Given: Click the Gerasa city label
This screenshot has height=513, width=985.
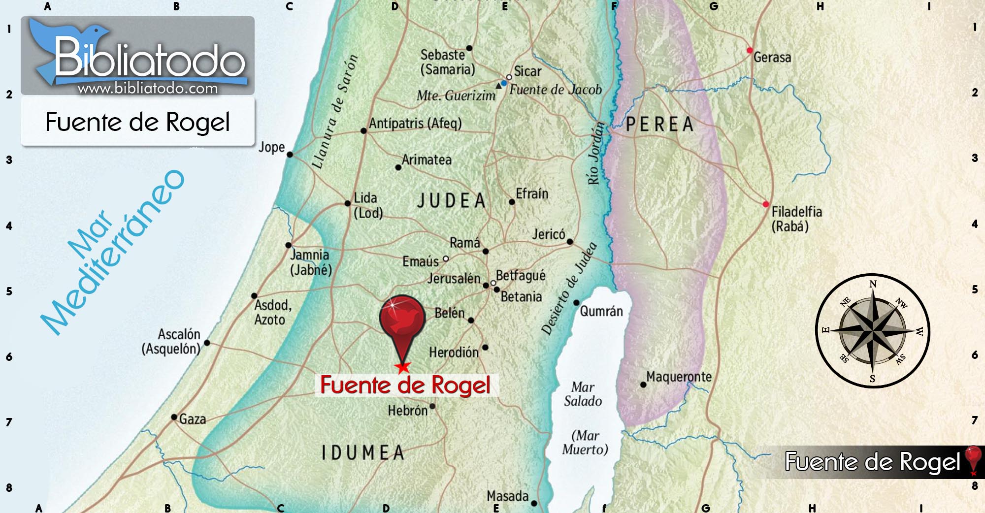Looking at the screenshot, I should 772,58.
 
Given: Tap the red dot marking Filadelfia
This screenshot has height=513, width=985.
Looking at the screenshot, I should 765,204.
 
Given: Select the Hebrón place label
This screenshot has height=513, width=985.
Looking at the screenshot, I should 407,411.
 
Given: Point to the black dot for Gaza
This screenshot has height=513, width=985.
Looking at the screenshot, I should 174,417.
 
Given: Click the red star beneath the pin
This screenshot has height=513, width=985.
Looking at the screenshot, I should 403,367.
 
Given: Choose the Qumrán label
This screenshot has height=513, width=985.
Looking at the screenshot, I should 601,311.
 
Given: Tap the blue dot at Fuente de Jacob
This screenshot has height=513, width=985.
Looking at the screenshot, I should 504,83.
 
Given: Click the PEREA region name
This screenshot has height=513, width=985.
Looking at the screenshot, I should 660,125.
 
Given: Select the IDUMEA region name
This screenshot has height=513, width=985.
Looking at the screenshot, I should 363,453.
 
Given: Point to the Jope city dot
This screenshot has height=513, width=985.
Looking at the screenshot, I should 290,155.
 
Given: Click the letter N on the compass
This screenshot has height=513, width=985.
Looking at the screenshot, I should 873,284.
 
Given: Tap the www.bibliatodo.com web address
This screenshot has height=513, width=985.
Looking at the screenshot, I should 148,89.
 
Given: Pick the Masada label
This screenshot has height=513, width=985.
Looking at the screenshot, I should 507,496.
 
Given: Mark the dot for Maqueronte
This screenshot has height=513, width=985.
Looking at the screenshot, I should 643,385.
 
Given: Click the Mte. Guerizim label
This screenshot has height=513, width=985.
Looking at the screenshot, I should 456,96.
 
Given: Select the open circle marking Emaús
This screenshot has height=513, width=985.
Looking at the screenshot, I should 446,258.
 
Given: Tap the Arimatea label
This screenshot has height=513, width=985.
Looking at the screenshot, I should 427,160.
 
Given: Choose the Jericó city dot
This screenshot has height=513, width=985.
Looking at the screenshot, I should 570,242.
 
